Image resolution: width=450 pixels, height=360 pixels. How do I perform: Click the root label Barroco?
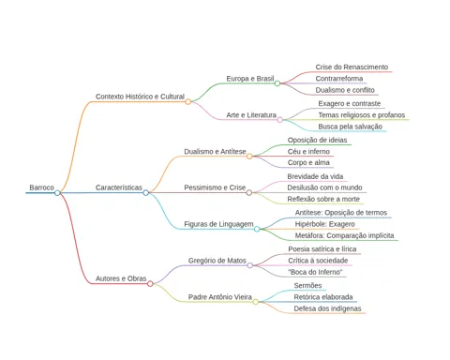41,187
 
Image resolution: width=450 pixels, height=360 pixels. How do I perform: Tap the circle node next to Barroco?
57,193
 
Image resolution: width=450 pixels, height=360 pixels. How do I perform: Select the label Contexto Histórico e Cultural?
140,97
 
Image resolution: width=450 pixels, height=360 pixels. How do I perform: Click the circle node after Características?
145,193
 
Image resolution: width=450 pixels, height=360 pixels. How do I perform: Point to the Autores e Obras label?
121,278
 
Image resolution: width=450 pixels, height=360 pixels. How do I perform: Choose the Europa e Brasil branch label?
250,79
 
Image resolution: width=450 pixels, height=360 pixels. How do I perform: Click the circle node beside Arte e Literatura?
280,120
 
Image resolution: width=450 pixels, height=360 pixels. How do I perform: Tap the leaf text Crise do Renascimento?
352,67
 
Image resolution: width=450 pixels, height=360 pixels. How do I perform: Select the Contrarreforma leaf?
339,79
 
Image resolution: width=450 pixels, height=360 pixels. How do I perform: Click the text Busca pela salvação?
350,127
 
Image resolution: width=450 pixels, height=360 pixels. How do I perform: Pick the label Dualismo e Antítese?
215,152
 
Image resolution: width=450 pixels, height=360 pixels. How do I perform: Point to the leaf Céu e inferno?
308,152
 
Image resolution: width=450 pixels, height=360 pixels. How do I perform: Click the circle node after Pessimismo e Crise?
249,193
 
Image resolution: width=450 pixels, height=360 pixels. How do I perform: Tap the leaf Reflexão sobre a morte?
323,199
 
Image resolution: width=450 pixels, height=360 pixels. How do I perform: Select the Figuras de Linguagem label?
218,224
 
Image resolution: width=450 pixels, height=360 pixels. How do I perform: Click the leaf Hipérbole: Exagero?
324,224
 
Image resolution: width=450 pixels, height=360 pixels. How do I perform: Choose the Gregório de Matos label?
217,261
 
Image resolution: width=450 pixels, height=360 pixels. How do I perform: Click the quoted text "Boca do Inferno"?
315,272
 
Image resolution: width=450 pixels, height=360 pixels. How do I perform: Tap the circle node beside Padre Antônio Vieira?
256,302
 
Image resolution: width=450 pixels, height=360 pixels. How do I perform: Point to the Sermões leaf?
307,286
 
